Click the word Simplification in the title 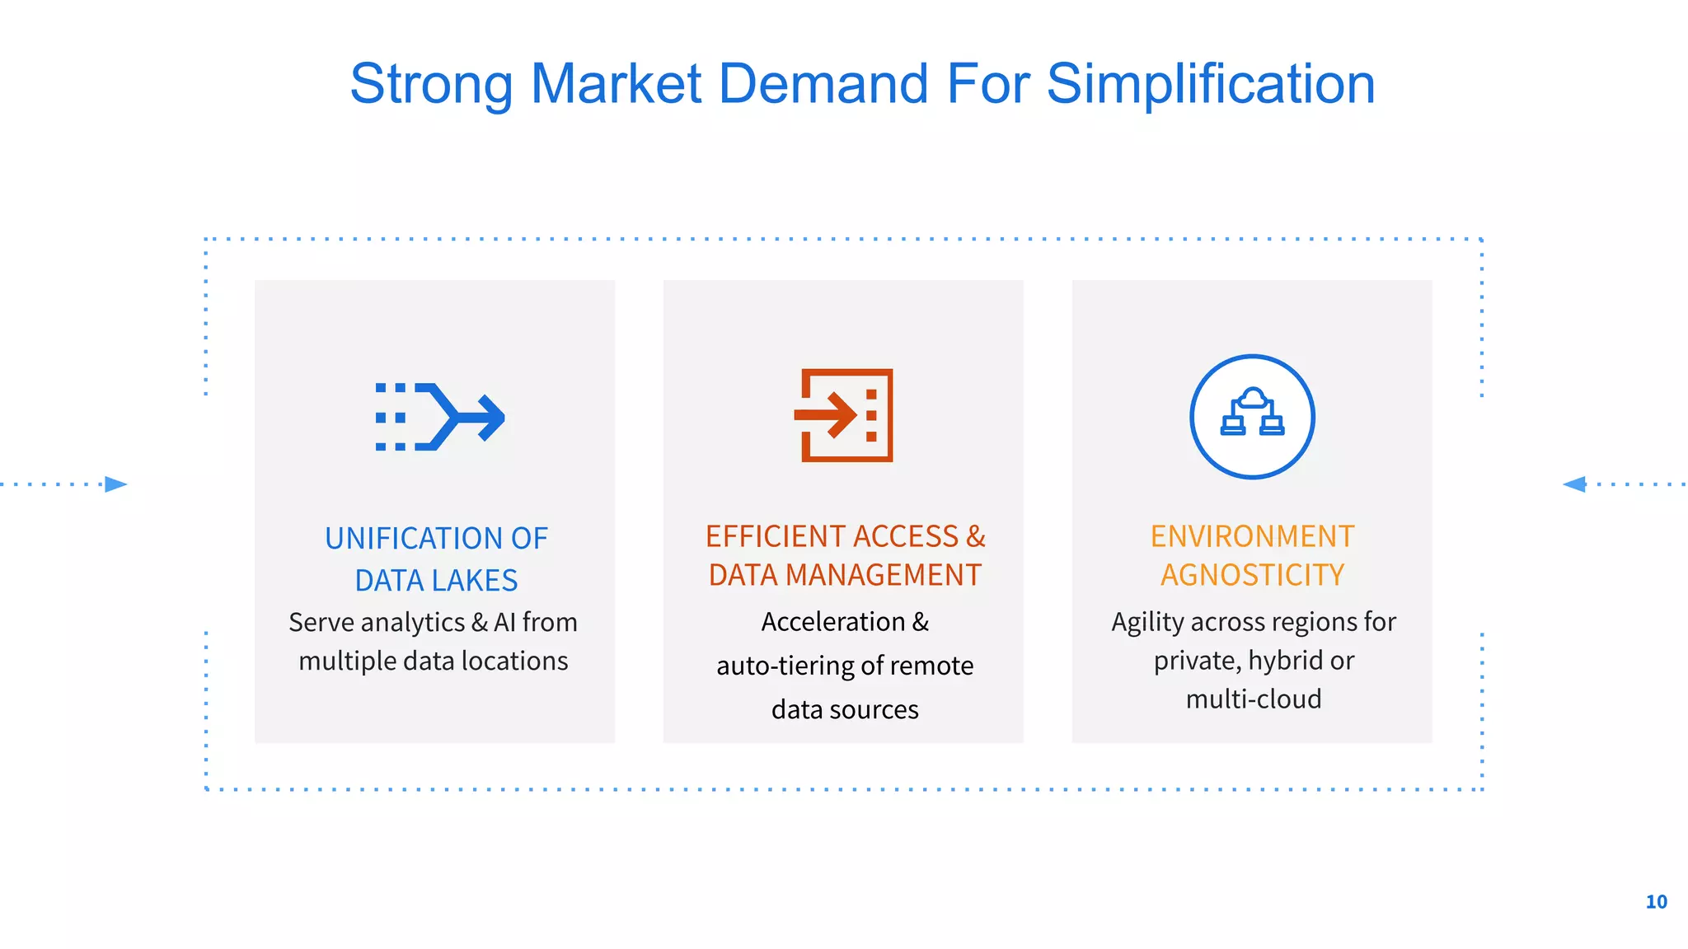click(x=1210, y=85)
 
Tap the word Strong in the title click(x=432, y=85)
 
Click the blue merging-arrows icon click(x=440, y=417)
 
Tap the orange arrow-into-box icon click(x=844, y=415)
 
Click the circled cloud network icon click(x=1252, y=417)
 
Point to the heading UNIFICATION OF click(x=436, y=539)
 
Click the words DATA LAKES click(x=436, y=581)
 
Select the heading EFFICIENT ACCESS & click(x=845, y=536)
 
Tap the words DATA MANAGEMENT click(x=845, y=575)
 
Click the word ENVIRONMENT click(x=1252, y=536)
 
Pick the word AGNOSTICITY click(x=1252, y=575)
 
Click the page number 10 click(x=1656, y=902)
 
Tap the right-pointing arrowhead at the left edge click(x=116, y=484)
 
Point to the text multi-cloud click(x=1253, y=699)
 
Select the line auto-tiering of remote click(x=845, y=666)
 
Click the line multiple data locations click(x=434, y=661)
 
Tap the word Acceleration click(x=832, y=622)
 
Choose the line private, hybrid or click(x=1253, y=661)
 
